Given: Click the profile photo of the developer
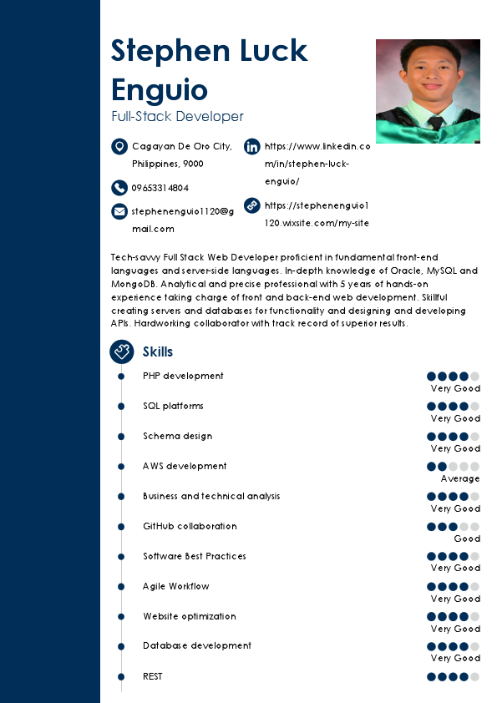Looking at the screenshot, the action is (x=428, y=91).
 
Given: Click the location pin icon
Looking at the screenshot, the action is (x=119, y=147).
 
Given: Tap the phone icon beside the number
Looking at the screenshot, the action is (x=119, y=188).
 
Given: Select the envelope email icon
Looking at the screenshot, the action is (x=119, y=211).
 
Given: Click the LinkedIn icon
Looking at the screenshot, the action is (x=251, y=147).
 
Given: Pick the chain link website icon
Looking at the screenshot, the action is (x=251, y=205).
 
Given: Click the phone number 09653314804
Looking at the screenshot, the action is (x=160, y=188).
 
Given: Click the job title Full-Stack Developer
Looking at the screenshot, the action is (x=177, y=117).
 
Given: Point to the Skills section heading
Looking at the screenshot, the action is (x=158, y=352).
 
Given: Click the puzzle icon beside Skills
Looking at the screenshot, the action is (x=122, y=351).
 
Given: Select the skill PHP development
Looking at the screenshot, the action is (x=183, y=376).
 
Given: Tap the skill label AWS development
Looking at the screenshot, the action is (x=185, y=466).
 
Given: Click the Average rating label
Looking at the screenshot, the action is (x=460, y=478).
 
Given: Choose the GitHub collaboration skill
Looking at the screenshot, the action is (x=190, y=526).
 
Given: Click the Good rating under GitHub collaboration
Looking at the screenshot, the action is (x=467, y=539).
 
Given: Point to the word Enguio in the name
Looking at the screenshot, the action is (x=160, y=89).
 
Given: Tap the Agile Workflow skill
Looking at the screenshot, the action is (x=176, y=586).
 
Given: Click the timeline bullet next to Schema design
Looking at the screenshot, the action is (x=121, y=437).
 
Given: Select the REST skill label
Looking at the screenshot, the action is (x=153, y=676).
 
